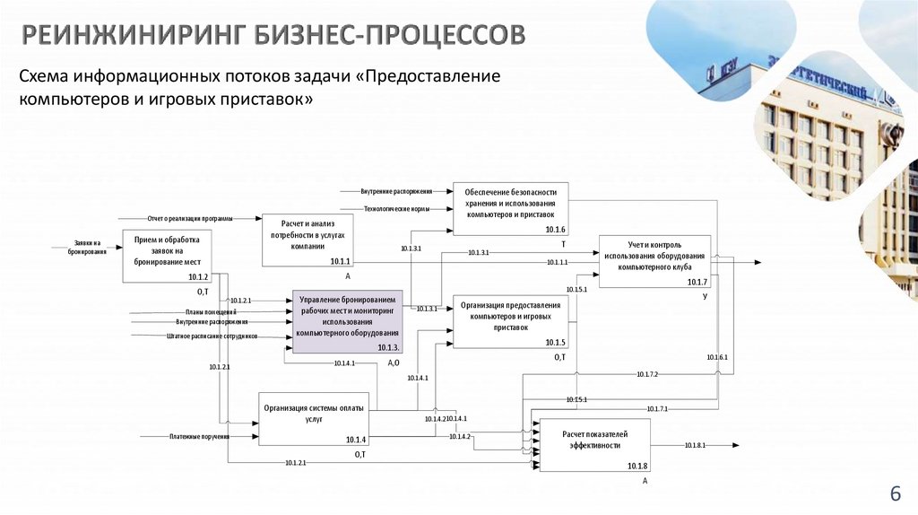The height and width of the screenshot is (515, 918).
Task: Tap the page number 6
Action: [894, 494]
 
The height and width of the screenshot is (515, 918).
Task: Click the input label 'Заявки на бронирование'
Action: [87, 248]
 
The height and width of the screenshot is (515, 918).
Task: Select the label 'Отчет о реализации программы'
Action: [190, 218]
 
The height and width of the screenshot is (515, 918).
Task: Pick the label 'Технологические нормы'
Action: [395, 208]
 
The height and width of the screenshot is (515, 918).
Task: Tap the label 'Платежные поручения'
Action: [199, 437]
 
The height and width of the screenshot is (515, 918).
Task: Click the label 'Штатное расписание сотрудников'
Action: [212, 336]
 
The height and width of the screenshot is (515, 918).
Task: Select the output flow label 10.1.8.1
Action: [695, 445]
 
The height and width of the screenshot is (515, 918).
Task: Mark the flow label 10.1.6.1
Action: [716, 358]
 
